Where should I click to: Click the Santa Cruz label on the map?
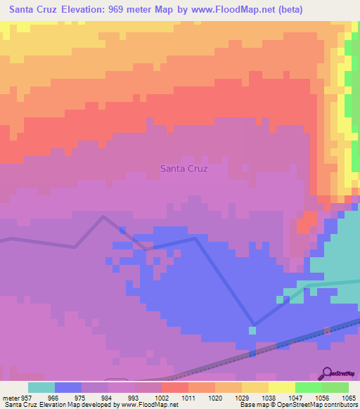184,169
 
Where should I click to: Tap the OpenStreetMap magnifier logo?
327,372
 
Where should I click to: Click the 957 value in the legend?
27,397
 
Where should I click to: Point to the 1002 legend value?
161,397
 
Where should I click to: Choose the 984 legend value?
108,397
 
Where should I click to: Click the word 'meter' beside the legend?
9,397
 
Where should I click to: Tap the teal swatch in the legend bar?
41,387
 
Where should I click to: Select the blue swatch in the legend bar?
68,387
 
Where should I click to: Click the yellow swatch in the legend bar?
282,387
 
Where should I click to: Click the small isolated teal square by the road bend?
252,330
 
